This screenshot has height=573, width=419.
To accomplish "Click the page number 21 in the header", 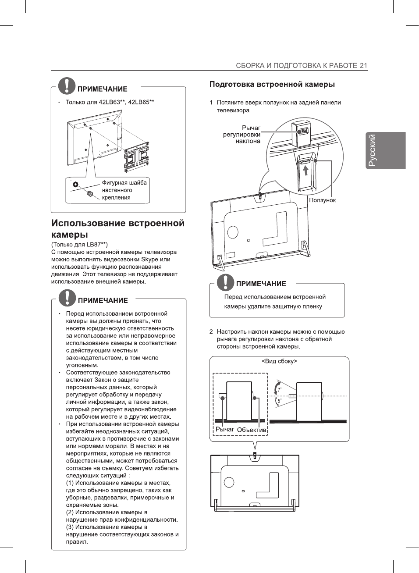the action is pyautogui.click(x=363, y=66).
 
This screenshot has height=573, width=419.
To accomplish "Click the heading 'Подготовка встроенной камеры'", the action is pyautogui.click(x=272, y=84).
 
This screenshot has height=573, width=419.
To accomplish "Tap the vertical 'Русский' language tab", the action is pyautogui.click(x=372, y=150).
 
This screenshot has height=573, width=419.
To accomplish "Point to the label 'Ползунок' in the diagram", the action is pyautogui.click(x=322, y=200).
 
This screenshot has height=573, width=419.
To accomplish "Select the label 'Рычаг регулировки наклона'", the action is pyautogui.click(x=242, y=135).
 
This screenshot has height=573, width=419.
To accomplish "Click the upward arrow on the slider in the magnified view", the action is pyautogui.click(x=305, y=168).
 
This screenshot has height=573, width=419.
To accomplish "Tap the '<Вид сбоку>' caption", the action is pyautogui.click(x=279, y=361).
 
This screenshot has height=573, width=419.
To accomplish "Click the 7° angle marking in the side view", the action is pyautogui.click(x=280, y=389).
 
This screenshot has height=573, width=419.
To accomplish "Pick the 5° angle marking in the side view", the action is pyautogui.click(x=279, y=401).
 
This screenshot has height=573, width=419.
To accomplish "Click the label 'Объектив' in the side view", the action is pyautogui.click(x=252, y=430).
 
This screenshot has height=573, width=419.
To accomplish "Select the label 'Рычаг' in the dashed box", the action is pyautogui.click(x=224, y=429).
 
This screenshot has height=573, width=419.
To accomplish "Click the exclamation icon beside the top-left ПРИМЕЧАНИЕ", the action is pyautogui.click(x=67, y=85).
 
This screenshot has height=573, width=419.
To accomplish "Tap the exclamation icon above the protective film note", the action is pyautogui.click(x=226, y=282).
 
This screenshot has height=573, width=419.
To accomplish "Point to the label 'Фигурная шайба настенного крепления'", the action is pyautogui.click(x=124, y=190).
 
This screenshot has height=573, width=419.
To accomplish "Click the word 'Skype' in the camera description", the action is pyautogui.click(x=149, y=260).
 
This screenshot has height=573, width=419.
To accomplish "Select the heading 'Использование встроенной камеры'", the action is pyautogui.click(x=117, y=228).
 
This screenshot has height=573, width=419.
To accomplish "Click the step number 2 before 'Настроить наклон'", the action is pyautogui.click(x=211, y=332).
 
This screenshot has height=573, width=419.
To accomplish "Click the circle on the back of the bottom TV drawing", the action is pyautogui.click(x=229, y=482).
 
